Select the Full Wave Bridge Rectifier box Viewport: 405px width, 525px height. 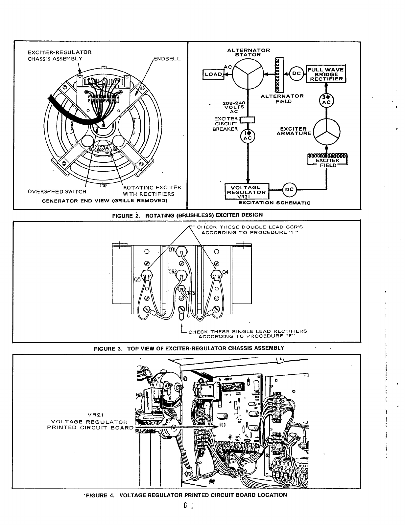[325, 74]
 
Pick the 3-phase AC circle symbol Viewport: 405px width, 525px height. [326, 99]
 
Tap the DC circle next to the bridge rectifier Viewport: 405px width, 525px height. [297, 73]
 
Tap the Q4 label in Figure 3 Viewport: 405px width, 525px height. [225, 272]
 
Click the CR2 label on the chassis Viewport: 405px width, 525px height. [173, 272]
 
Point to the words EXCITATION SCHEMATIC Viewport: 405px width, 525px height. [274, 203]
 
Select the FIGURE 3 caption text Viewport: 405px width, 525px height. [189, 348]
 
